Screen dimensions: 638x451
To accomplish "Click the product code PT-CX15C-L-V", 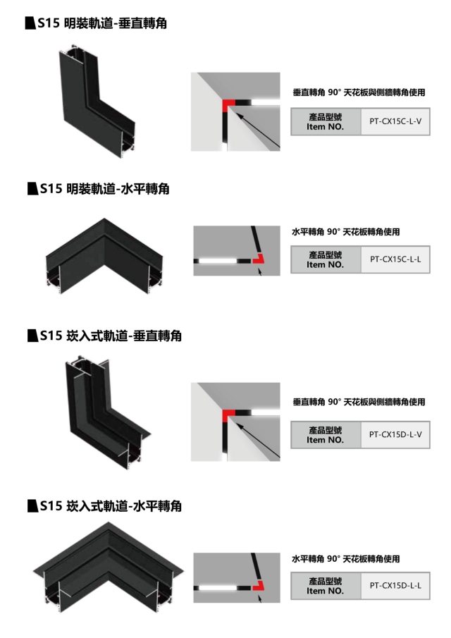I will [x=395, y=121].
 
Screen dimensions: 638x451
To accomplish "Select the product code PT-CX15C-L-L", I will [x=395, y=259].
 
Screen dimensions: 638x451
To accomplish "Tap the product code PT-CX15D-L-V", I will [x=395, y=434].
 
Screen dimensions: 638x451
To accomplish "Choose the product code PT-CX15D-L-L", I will [x=395, y=585].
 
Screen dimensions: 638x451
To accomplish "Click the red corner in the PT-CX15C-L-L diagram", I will [x=258, y=259].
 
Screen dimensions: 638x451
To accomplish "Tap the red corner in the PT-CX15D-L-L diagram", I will [x=258, y=584].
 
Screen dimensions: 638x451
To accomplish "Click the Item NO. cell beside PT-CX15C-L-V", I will [x=326, y=121].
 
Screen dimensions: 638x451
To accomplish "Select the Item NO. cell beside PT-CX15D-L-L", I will [x=326, y=585].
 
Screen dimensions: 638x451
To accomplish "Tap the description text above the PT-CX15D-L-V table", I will [x=359, y=402].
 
